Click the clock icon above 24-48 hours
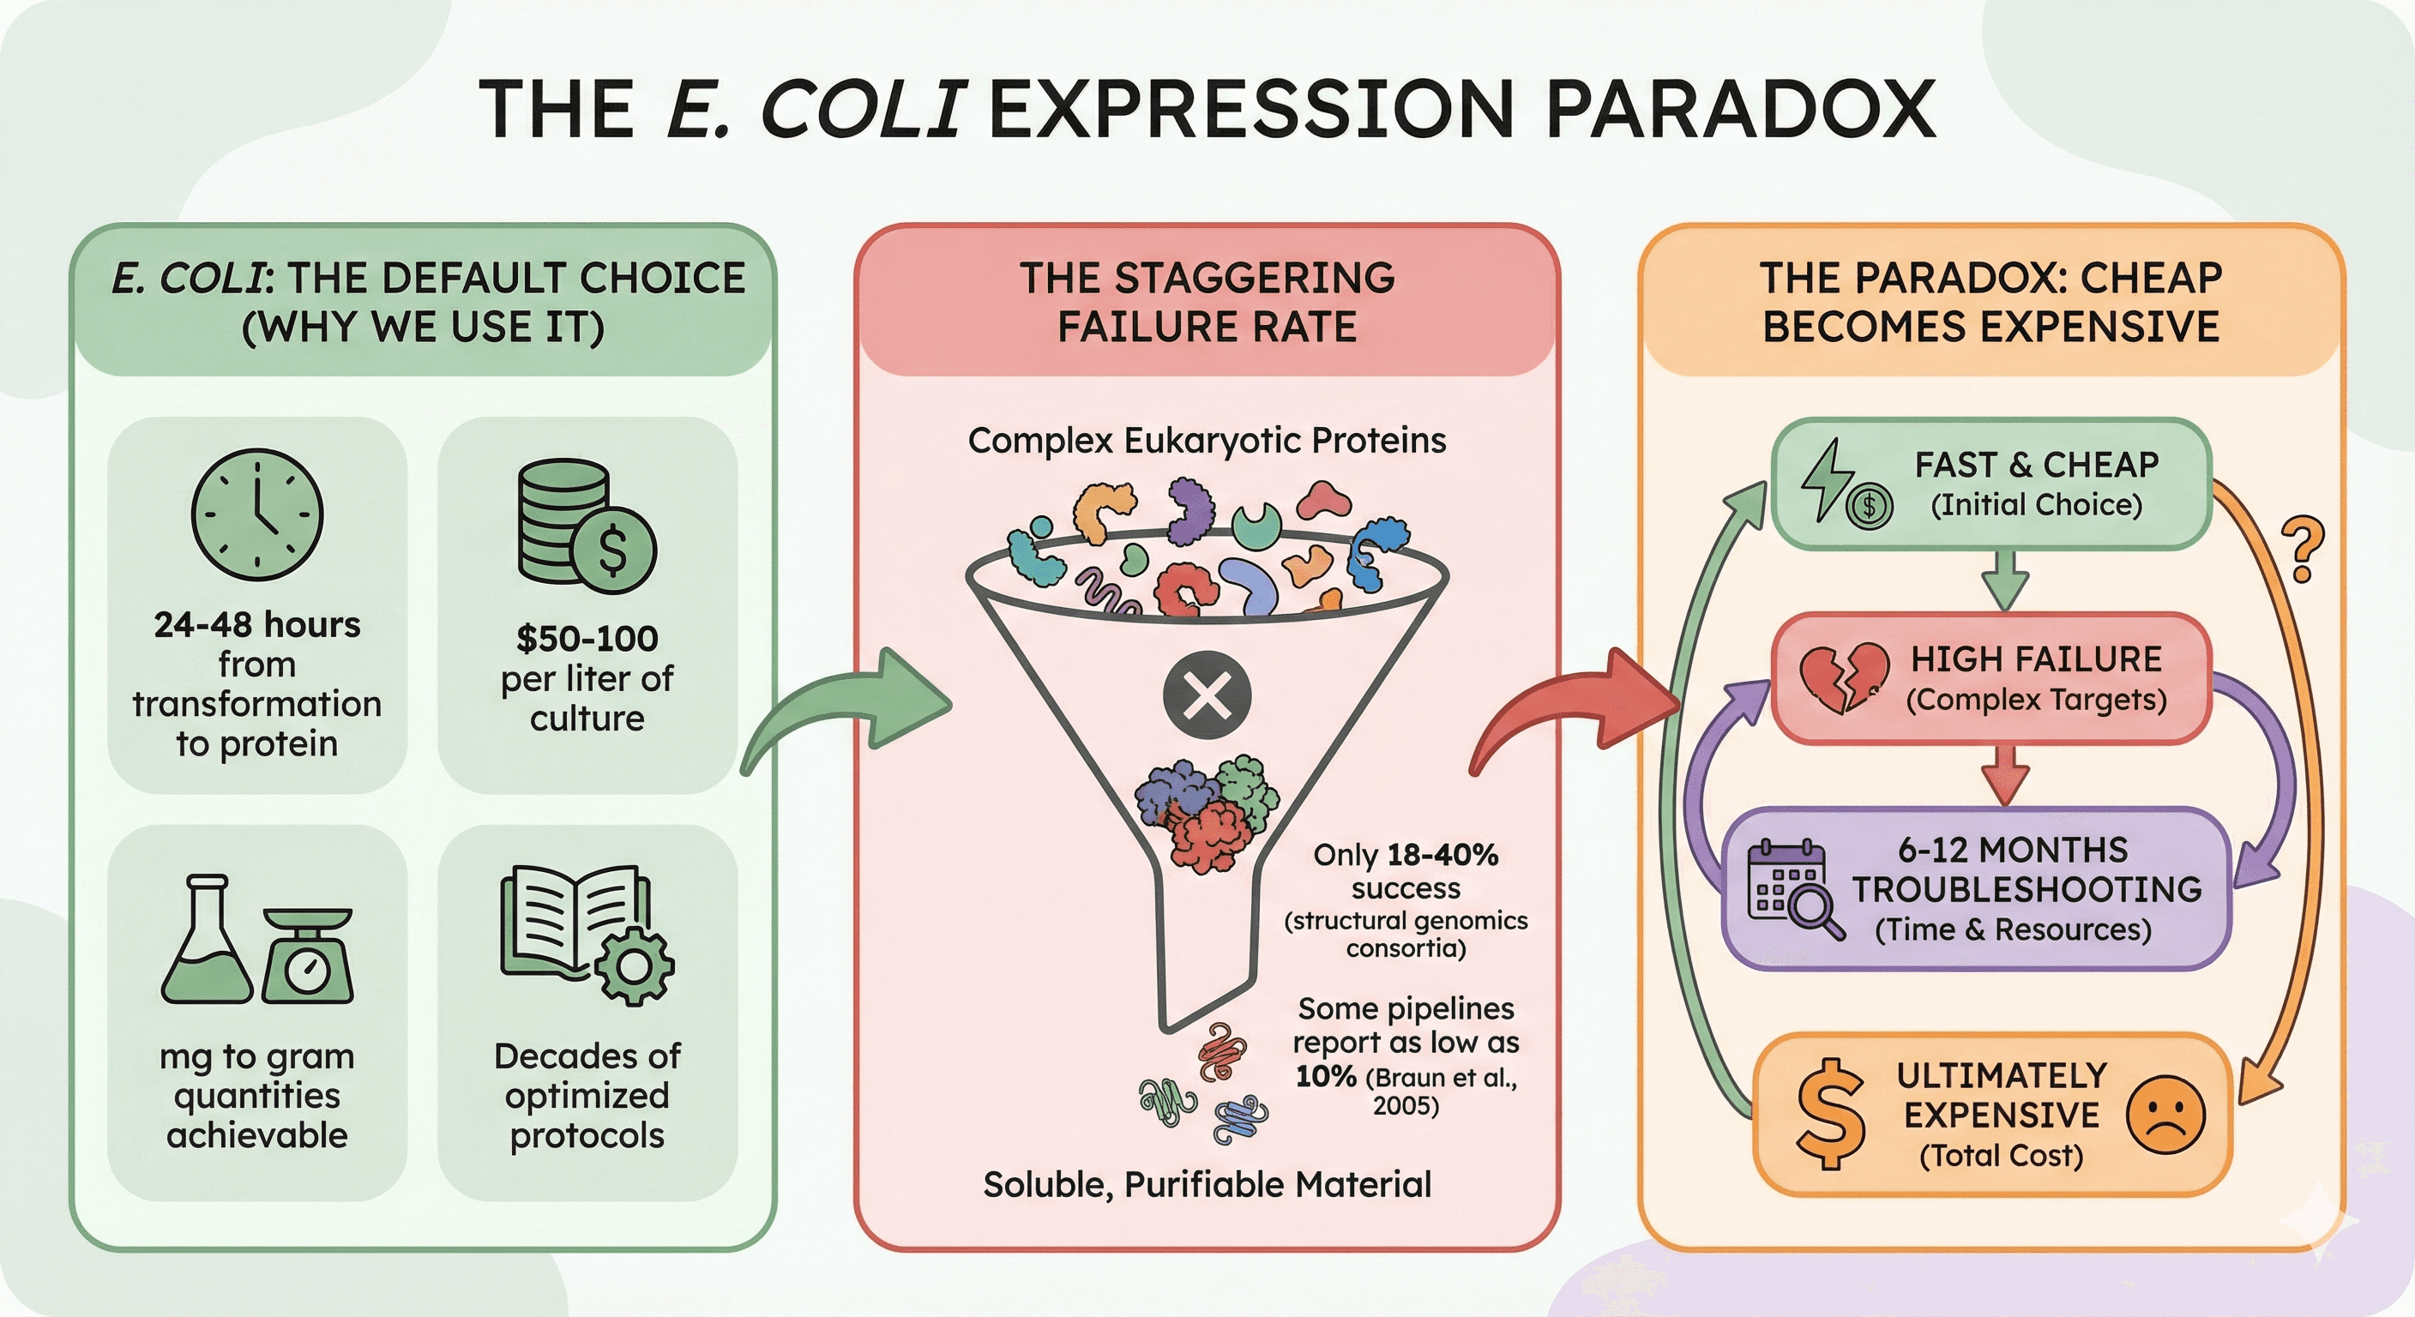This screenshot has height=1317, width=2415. pos(257,514)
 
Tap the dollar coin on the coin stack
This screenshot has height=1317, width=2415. pos(613,550)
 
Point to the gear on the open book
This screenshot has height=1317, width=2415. pos(635,965)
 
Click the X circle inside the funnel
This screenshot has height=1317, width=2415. pos(1207,696)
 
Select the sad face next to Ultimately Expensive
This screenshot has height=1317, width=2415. pos(2165,1115)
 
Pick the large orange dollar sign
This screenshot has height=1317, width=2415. pos(1829,1115)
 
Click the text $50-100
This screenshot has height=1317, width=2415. pos(587,638)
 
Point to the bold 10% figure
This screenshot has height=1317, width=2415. pos(1326,1076)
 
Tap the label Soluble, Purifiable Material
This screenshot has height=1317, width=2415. pos(1207,1184)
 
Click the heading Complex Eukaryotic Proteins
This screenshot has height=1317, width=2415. pos(1207,440)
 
